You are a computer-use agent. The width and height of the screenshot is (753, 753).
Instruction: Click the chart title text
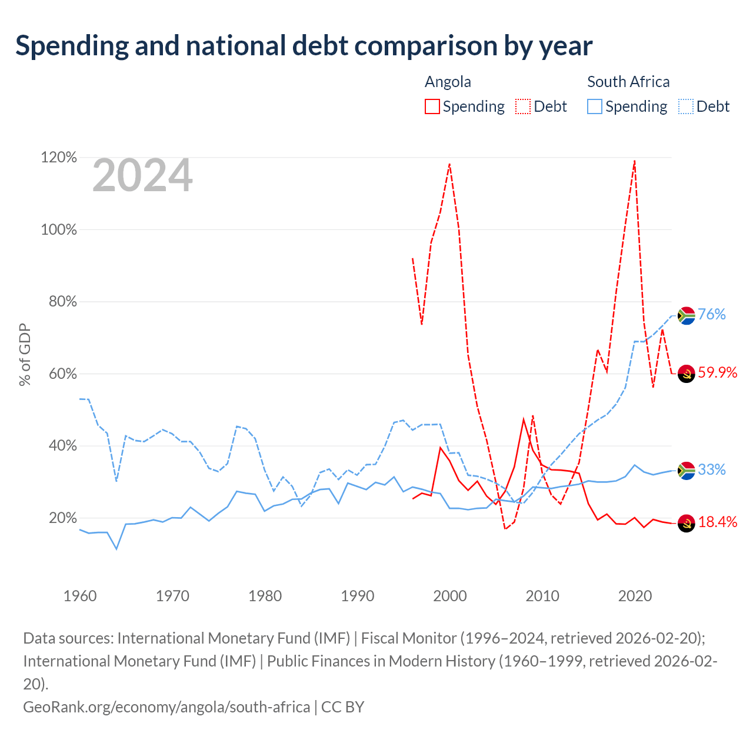pos(304,46)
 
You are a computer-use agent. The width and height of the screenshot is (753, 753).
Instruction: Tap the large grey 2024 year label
pos(142,175)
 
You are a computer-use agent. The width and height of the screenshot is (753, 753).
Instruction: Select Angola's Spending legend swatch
pos(432,106)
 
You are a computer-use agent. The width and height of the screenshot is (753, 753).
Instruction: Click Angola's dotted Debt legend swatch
pos(522,106)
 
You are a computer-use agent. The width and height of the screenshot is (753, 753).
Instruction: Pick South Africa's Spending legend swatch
pos(594,106)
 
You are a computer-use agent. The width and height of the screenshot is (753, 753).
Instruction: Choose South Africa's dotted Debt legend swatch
pos(685,106)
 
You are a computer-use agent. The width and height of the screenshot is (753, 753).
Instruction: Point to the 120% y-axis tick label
pos(59,158)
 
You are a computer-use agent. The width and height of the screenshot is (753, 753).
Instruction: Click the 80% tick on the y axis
pos(62,301)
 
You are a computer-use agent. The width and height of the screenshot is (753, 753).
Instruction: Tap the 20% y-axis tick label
pos(62,518)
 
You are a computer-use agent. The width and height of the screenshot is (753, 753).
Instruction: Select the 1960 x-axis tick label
pos(80,596)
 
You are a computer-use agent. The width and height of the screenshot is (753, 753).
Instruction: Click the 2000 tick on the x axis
pos(450,596)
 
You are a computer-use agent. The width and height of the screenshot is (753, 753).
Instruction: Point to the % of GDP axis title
pos(25,354)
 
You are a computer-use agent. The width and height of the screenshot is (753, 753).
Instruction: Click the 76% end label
pos(712,314)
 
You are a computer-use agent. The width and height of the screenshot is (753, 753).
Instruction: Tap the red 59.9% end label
pos(718,372)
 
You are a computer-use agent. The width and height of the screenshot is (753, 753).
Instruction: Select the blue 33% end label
pos(712,469)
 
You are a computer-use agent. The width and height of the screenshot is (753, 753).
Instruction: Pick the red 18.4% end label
pos(718,522)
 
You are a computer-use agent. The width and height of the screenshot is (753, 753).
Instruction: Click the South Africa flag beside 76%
pos(686,316)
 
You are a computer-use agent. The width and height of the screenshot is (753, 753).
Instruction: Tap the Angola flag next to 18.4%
pos(686,524)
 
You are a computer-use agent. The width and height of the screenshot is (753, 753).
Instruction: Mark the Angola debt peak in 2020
pos(635,161)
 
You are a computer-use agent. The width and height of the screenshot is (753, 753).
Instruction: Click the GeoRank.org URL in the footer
pos(166,707)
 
